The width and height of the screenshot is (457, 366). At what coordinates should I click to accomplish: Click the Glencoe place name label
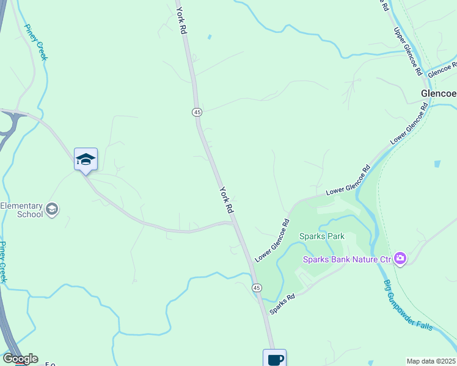[439, 94]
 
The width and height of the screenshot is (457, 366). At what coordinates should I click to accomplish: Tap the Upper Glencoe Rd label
[408, 51]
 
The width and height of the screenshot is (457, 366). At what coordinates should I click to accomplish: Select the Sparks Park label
[322, 236]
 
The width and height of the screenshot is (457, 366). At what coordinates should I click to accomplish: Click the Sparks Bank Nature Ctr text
[347, 259]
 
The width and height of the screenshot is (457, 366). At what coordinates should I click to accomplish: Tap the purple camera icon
[400, 259]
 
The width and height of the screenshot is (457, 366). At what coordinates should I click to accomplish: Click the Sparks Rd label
[283, 303]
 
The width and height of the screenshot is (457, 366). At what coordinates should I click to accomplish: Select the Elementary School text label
[22, 210]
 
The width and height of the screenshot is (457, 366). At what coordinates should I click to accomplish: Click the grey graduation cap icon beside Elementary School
[53, 209]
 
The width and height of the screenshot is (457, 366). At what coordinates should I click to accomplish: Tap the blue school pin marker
[86, 160]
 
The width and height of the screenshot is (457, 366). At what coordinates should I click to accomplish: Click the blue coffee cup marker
[274, 359]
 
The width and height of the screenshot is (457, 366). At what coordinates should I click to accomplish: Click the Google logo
[20, 358]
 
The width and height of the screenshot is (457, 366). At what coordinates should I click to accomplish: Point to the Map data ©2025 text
[431, 361]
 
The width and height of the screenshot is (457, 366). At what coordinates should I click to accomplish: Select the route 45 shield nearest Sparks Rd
[257, 287]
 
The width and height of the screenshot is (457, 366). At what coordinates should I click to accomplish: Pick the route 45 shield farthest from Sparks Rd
[197, 112]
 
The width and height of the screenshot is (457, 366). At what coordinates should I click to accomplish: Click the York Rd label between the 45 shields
[227, 199]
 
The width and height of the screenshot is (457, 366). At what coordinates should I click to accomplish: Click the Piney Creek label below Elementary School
[3, 262]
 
